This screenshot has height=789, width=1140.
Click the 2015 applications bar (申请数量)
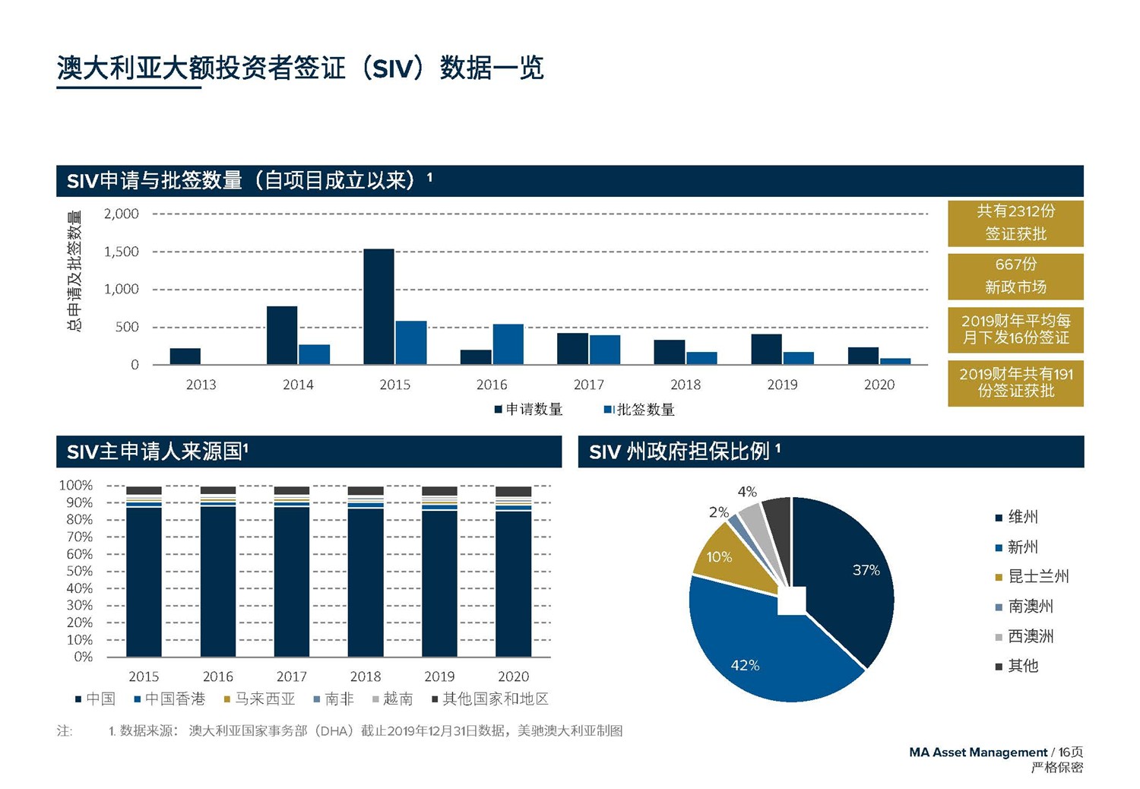pos(378,307)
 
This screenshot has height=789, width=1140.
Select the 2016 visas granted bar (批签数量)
pos(508,344)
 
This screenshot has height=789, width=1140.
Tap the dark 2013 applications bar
pos(185,356)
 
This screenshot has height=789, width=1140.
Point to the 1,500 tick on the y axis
pos(122,252)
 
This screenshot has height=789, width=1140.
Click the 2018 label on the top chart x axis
pos(685,385)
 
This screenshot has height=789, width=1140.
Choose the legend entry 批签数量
pos(639,410)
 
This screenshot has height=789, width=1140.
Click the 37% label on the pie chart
pos(866,570)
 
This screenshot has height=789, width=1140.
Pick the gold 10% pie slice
pos(726,559)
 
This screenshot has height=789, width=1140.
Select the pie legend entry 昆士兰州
pos(1037,577)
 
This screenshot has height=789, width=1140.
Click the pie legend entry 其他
pos(1022,667)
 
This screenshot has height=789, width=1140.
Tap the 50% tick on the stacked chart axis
pos(79,571)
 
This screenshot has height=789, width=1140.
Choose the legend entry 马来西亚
pos(259,699)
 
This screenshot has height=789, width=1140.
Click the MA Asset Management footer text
pos(977,753)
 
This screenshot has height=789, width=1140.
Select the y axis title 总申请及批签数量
pos(74,271)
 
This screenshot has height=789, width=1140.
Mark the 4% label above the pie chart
pos(746,492)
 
